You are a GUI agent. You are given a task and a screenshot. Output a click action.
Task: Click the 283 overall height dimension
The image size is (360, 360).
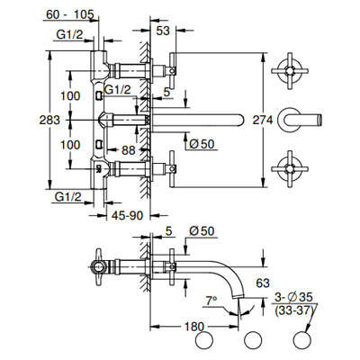coord(49,121)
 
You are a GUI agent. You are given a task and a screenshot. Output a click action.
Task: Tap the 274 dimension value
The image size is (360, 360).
coord(263,121)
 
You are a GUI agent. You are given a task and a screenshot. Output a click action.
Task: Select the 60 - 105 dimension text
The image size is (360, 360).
coord(70,14)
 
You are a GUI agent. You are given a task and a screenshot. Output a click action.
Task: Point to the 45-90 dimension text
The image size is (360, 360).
coord(128,215)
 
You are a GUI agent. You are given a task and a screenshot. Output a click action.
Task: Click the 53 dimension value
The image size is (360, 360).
coord(163,31)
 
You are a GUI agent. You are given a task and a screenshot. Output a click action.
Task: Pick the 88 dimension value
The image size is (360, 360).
coord(129,150)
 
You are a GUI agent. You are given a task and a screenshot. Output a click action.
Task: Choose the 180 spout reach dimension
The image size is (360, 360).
coord(193,327)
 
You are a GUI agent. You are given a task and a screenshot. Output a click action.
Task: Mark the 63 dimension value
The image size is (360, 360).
coord(263,283)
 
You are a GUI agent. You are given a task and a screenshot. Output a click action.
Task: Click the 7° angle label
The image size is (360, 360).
coord(211,301)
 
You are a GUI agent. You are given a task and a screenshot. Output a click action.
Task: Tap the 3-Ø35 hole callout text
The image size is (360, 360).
coord(293,297)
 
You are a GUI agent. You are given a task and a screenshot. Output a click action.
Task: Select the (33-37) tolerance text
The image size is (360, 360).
coord(293,310)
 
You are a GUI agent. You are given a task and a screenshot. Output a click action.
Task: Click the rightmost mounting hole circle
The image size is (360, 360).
coord(302,341)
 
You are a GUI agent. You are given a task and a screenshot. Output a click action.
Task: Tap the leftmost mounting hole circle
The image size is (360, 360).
coord(204,341)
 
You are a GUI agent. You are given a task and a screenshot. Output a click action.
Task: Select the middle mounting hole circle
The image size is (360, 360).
coord(254,341)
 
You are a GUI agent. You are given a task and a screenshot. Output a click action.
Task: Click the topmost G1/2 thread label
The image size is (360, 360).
coord(69,35)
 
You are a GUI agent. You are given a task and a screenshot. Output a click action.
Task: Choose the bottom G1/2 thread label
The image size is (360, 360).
coord(68,197)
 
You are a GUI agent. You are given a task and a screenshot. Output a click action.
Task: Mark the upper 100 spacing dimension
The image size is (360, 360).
coord(70,96)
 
